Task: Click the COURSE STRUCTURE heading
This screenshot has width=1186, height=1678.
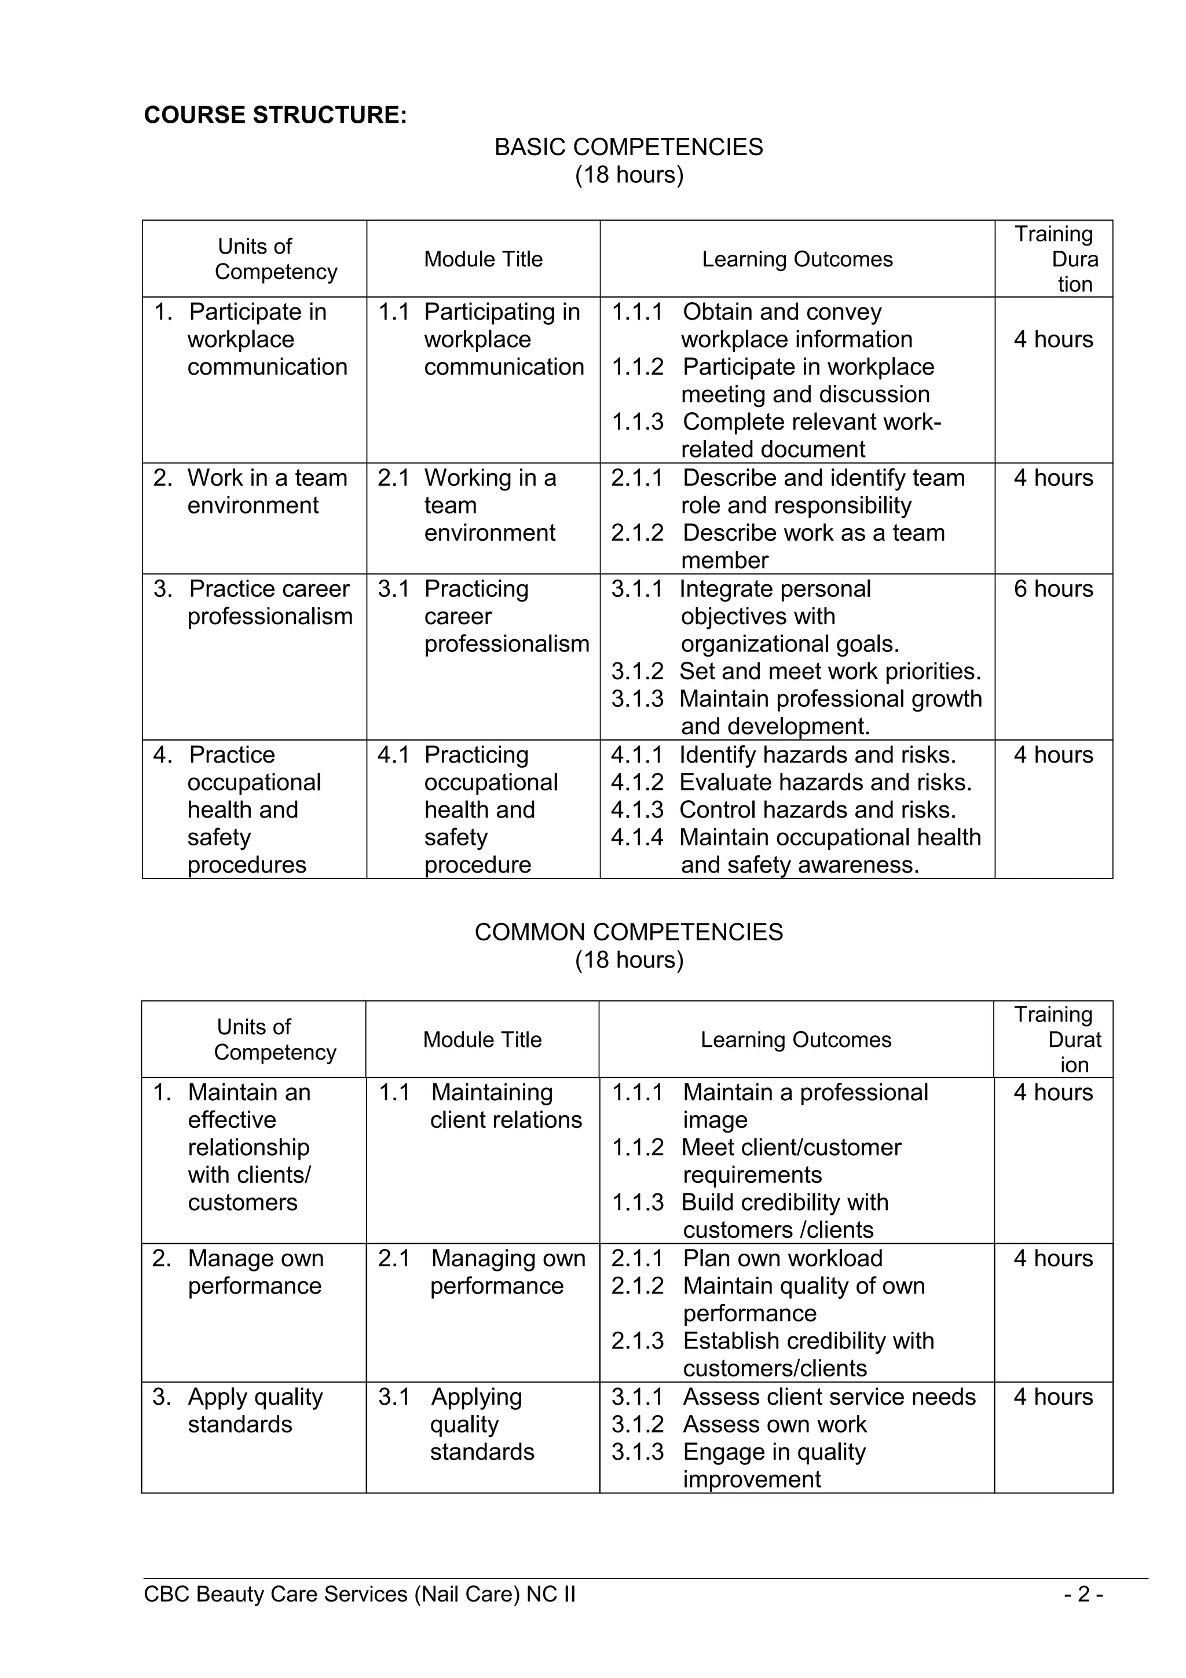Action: pyautogui.click(x=274, y=115)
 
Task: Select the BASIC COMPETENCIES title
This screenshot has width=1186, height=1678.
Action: pyautogui.click(x=628, y=147)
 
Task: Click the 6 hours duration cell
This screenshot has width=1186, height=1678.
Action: pyautogui.click(x=1053, y=589)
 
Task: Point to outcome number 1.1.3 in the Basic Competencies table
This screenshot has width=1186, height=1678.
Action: pyautogui.click(x=637, y=422)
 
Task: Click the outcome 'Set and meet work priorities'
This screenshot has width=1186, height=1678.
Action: pyautogui.click(x=830, y=671)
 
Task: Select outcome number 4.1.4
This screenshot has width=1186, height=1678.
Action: pyautogui.click(x=637, y=837)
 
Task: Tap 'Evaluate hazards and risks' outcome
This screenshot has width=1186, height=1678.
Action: pyautogui.click(x=826, y=782)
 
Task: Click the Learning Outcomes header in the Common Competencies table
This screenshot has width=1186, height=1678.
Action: pyautogui.click(x=796, y=1039)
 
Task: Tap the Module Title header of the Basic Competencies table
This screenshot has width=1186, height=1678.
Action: pyautogui.click(x=483, y=259)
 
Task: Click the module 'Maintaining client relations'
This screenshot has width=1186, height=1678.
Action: pyautogui.click(x=506, y=1106)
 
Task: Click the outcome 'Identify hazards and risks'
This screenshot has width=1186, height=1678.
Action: pyautogui.click(x=817, y=754)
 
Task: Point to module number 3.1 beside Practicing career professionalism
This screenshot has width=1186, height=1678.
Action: pyautogui.click(x=393, y=589)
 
